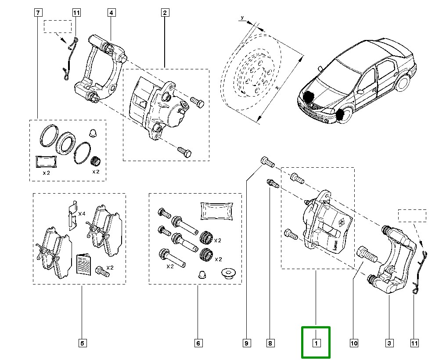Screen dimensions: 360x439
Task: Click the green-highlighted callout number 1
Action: coord(315,342)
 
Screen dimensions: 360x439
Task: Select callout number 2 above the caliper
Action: coord(165,13)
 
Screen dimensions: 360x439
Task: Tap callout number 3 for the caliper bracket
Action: coord(389,342)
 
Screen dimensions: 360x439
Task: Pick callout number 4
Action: coord(111,13)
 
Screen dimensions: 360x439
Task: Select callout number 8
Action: coord(270,342)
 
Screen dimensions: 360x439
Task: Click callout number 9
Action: coord(247,342)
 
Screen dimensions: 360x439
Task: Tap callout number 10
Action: coord(354,342)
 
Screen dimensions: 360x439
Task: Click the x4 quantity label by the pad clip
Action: coord(81,214)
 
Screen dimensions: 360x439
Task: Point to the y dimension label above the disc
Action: coord(242,18)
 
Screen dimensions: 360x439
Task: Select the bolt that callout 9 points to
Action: coord(267,162)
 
